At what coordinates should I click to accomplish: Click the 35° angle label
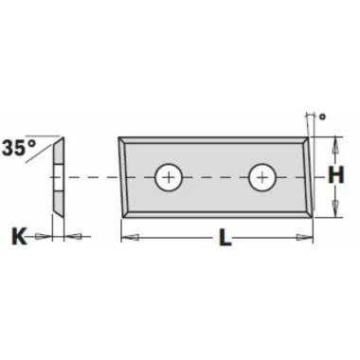coord(19,148)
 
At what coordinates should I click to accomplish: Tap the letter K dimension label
coord(19,237)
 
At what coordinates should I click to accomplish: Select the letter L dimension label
coord(225,237)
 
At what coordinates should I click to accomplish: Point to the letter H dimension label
coord(336,175)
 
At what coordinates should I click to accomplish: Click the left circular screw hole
coord(170,177)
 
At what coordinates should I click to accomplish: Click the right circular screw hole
coord(262,177)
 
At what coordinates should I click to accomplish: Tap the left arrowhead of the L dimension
coord(130,237)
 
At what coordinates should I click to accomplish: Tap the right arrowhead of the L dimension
coord(304,237)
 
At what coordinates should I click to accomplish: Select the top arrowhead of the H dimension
coord(336,146)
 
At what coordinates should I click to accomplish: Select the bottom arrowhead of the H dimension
coord(336,208)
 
